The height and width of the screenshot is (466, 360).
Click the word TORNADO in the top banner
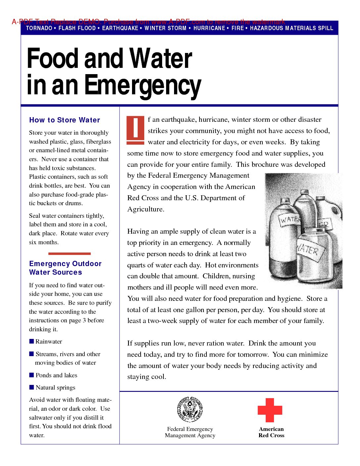point(39,28)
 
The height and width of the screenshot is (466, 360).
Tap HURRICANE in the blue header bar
point(209,28)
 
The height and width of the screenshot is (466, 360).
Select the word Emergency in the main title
point(143,85)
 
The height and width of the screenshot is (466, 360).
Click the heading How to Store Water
point(65,120)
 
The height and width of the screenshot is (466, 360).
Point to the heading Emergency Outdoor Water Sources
point(65,268)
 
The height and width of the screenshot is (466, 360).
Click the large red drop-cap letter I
point(136,130)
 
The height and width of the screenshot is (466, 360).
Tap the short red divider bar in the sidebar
point(69,254)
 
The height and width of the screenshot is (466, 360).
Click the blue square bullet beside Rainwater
point(31,341)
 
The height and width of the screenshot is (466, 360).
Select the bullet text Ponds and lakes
point(56,375)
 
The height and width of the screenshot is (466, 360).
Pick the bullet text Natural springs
point(55,388)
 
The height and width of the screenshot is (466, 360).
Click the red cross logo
point(270,410)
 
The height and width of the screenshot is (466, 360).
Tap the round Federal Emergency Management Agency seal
point(190,409)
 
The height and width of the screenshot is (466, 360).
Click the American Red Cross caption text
point(271,432)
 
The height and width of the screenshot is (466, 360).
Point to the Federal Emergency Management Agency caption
point(190,432)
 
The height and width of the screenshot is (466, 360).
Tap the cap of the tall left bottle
point(285,201)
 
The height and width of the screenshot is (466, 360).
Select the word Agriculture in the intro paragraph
point(146,210)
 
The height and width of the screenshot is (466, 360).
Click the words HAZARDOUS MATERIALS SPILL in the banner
point(292,28)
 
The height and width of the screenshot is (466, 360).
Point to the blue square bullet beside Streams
point(31,354)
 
